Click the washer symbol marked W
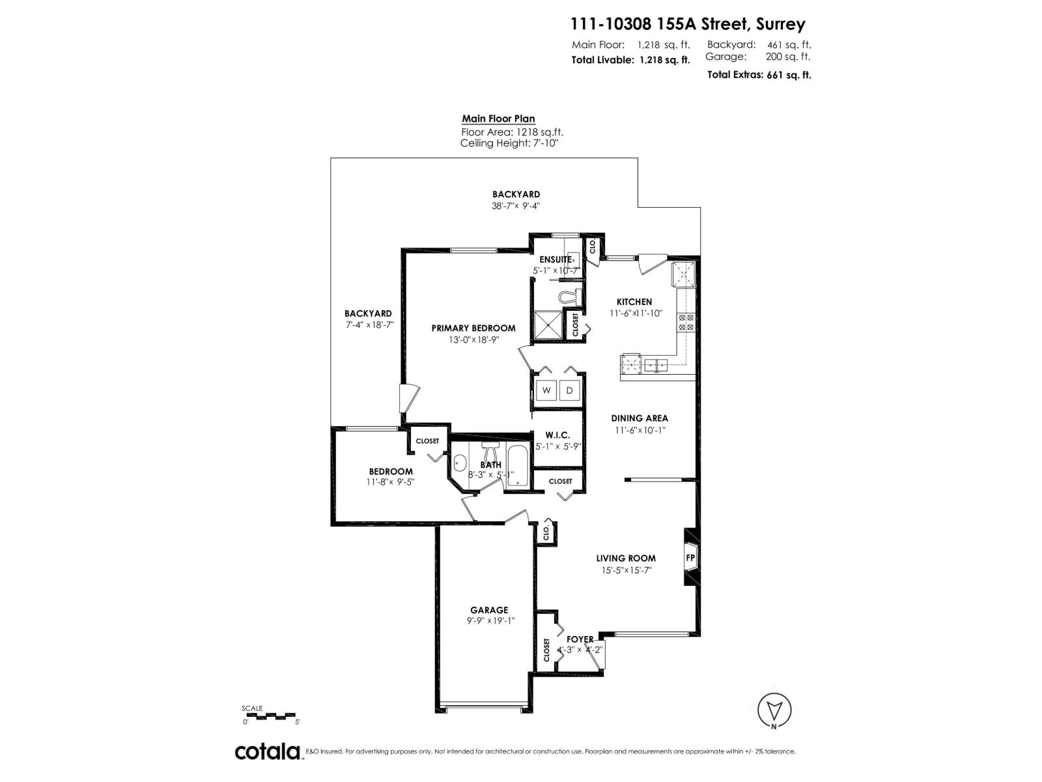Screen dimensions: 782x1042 point(546,390)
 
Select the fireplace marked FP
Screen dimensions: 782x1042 point(690,558)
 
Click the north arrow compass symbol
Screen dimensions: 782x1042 point(774,709)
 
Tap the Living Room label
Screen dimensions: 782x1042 point(626,558)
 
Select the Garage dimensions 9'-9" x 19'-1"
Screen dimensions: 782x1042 point(490,621)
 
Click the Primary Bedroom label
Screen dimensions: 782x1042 point(473,328)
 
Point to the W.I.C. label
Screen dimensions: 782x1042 point(557,435)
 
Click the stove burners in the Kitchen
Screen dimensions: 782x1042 point(686,322)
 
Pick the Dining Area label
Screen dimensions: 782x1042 point(639,418)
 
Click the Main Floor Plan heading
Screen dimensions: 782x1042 point(498,119)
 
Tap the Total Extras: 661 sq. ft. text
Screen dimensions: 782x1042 point(759,74)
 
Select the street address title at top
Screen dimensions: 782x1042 point(688,24)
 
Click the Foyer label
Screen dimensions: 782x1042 point(580,639)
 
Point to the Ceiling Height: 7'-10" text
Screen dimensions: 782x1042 point(509,143)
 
